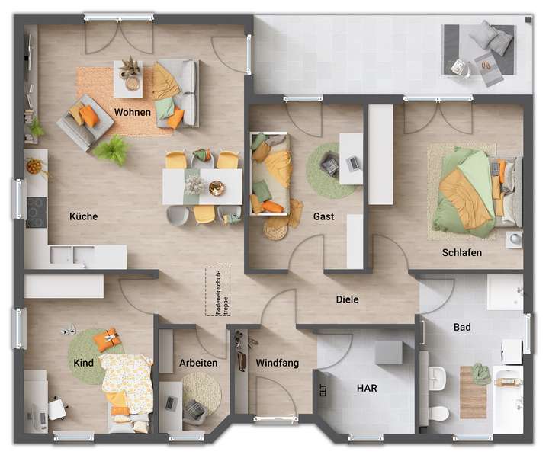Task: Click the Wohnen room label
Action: coord(133,112)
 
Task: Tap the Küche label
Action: coord(83,216)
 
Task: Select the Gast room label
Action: coord(323,216)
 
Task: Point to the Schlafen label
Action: coord(461,252)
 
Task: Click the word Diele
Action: coord(347,299)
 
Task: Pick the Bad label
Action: coord(462,327)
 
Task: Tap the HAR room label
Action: coord(367,388)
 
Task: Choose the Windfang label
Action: coord(277,363)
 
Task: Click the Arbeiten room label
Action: coord(198,363)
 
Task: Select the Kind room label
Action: coord(84,363)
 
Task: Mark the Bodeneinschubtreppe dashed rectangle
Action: coord(217,291)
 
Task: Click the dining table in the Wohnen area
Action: coord(202,187)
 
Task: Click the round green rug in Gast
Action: coord(332,170)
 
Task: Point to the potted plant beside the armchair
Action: coord(113,150)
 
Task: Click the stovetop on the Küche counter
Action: coord(36,207)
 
